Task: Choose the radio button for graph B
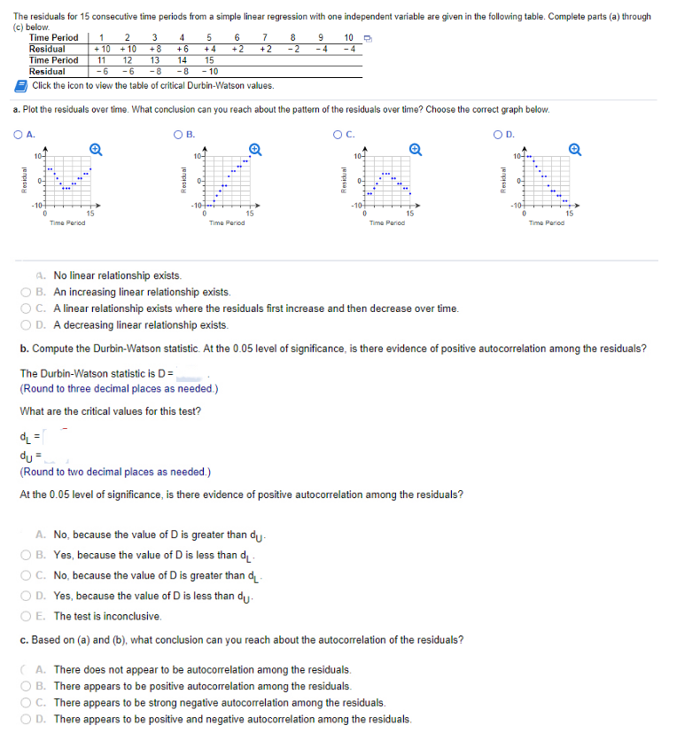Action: click(x=178, y=135)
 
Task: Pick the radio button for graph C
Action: click(x=338, y=135)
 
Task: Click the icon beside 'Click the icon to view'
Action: click(x=21, y=85)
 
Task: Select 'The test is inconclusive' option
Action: click(x=41, y=616)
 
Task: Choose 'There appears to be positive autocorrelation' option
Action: click(x=41, y=686)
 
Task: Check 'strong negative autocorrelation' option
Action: click(x=41, y=702)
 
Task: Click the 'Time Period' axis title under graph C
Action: click(x=387, y=222)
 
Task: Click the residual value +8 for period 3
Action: click(x=156, y=49)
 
